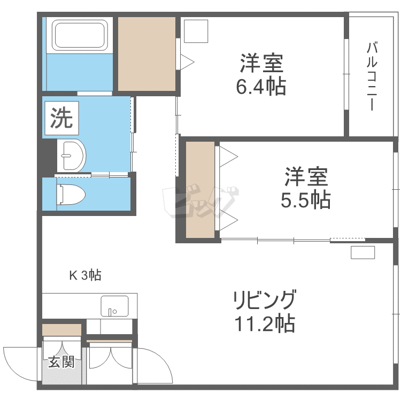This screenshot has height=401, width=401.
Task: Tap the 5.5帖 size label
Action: (x=305, y=200)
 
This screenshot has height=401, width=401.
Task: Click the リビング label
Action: (x=263, y=300)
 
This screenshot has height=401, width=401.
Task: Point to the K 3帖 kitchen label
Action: (x=85, y=276)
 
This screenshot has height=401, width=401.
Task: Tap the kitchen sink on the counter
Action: (x=114, y=306)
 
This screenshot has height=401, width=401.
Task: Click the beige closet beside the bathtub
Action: (x=146, y=54)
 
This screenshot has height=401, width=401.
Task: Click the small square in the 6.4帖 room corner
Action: (x=196, y=31)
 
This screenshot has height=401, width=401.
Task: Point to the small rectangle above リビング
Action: (x=363, y=252)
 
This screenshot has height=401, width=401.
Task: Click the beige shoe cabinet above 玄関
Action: (x=61, y=329)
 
